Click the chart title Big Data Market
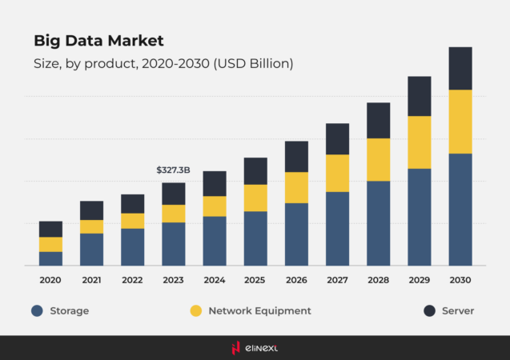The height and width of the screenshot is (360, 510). [98, 40]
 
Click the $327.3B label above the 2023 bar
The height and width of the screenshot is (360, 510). [173, 170]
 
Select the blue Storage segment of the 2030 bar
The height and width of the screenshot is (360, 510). [460, 209]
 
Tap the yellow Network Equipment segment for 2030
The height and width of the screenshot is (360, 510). [460, 122]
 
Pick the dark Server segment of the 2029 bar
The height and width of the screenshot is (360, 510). [420, 96]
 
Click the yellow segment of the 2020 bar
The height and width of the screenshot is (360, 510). [50, 244]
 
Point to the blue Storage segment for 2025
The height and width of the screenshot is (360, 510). [255, 238]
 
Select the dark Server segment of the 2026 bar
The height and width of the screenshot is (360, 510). [296, 157]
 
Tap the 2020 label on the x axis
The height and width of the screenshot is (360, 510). [50, 280]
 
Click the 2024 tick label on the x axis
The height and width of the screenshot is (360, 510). [215, 280]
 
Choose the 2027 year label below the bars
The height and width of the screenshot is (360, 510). [337, 280]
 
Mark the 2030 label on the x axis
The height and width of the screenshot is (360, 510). [460, 280]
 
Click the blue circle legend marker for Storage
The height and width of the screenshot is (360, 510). [37, 310]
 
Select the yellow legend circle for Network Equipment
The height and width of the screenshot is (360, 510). [195, 310]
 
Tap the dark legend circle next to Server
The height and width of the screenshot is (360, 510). [428, 310]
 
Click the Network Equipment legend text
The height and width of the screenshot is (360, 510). [259, 310]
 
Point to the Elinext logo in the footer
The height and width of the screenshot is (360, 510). [255, 347]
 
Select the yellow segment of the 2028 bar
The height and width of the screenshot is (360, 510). [379, 159]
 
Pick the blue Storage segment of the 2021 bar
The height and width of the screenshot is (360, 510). [91, 249]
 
